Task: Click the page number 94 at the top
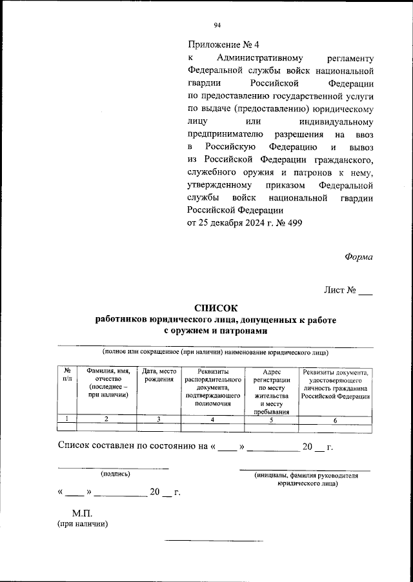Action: click(217, 25)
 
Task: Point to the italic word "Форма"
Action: click(358, 257)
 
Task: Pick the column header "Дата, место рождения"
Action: click(159, 375)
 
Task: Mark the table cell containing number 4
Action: click(212, 420)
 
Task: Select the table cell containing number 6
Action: click(335, 420)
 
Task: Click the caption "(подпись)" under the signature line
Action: click(115, 474)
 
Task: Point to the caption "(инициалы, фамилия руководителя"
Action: click(306, 475)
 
